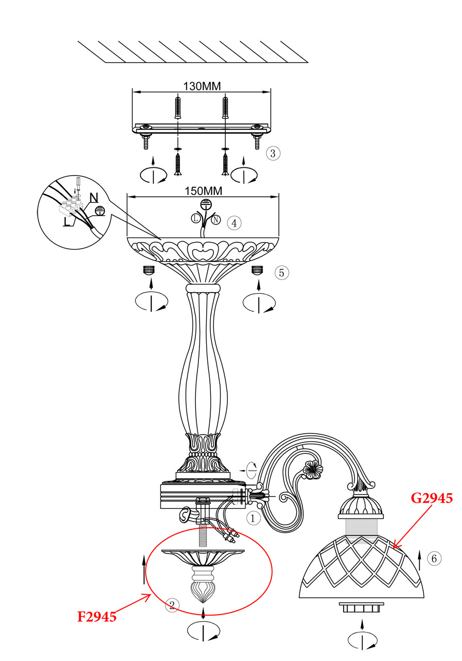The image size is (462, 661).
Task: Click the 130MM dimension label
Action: (x=202, y=86)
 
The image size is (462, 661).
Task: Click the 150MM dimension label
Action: (x=203, y=191)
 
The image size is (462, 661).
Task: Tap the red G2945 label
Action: (x=432, y=498)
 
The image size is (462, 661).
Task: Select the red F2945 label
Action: (x=97, y=617)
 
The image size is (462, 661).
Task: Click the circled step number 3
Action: (x=273, y=153)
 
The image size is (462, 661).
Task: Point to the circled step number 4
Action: (x=234, y=223)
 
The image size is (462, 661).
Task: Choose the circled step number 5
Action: (x=282, y=273)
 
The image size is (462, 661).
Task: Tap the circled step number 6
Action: (x=434, y=558)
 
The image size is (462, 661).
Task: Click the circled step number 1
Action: (x=253, y=518)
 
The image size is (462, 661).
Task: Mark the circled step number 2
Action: (x=172, y=605)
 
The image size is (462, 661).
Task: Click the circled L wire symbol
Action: (x=195, y=218)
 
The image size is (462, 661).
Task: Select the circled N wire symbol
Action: (x=216, y=220)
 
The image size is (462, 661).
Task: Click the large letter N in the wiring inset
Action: (x=94, y=198)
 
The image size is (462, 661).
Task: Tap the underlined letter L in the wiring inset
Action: (x=67, y=221)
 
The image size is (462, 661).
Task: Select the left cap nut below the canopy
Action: (x=149, y=270)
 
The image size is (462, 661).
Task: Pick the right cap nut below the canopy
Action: (x=257, y=270)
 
